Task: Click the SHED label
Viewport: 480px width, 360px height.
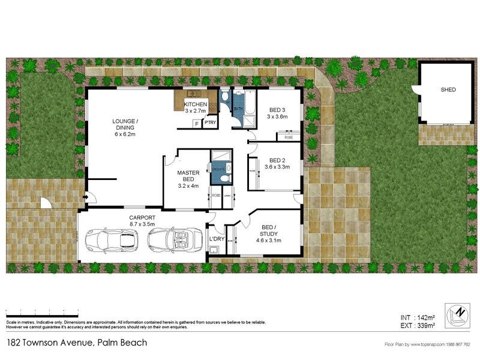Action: click(x=448, y=89)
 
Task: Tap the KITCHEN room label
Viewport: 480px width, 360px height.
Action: click(x=195, y=104)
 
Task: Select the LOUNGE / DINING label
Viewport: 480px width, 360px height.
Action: click(x=125, y=124)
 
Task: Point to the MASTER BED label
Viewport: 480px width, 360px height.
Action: click(x=188, y=176)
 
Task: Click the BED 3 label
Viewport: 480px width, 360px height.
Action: click(x=276, y=110)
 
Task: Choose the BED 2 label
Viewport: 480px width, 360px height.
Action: click(x=277, y=160)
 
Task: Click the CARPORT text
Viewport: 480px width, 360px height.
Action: click(x=142, y=217)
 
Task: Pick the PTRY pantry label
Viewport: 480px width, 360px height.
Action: click(x=209, y=122)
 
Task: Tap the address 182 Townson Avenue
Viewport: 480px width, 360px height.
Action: click(x=76, y=343)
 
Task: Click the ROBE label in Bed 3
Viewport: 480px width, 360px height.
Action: click(x=289, y=137)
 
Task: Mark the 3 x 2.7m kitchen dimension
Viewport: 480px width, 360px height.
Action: click(x=195, y=111)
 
